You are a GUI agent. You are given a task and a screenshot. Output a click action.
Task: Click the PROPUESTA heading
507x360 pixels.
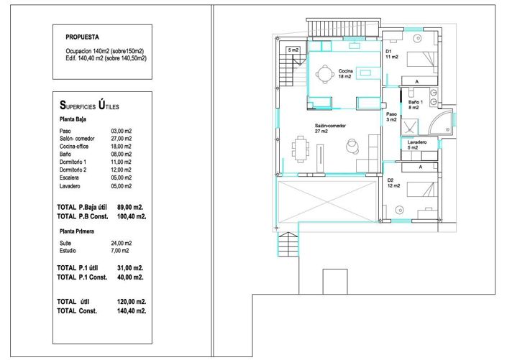point(82,37)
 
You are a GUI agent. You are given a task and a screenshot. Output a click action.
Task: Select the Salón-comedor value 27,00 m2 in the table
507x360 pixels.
point(122,139)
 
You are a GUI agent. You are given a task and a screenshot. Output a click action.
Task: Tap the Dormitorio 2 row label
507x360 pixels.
point(73,170)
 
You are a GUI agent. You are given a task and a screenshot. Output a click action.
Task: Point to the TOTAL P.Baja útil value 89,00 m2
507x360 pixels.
point(130,207)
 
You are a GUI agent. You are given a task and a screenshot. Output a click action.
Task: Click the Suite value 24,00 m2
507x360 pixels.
point(122,243)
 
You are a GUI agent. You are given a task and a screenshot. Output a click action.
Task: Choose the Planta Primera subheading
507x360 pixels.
point(77,231)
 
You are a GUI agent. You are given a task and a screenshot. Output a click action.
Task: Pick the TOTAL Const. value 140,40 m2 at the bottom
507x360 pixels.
point(132,311)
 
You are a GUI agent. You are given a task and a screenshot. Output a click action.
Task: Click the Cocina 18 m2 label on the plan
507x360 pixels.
point(345,74)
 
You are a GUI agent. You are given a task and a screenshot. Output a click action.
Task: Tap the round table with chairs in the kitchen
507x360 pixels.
point(324,75)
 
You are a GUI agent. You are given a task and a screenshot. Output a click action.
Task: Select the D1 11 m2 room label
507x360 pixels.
point(391,54)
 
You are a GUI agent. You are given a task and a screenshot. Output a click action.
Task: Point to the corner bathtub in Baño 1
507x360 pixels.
point(440,122)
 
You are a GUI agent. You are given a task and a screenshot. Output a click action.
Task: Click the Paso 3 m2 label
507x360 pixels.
point(391,116)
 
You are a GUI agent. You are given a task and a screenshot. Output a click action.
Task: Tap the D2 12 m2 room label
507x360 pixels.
point(393,183)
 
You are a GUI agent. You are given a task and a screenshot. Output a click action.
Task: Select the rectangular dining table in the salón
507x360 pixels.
point(301,149)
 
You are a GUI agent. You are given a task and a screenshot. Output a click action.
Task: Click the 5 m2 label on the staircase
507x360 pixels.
point(293,50)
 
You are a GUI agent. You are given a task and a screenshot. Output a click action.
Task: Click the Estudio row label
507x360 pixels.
point(68,251)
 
